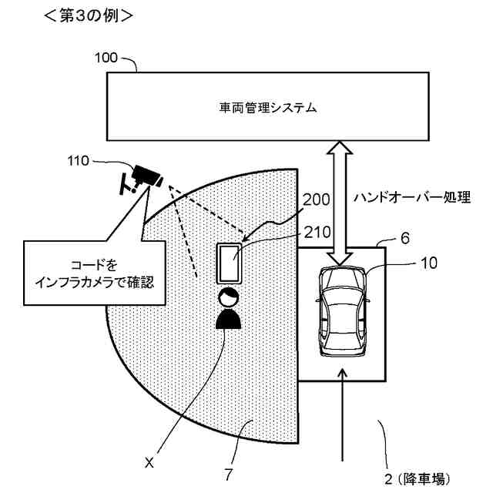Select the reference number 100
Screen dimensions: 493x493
point(106,58)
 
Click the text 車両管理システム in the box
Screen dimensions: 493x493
point(267,109)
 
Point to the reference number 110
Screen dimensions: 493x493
point(79,162)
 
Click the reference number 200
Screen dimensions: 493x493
point(316,200)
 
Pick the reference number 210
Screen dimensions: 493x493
point(316,230)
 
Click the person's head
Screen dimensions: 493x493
point(227,298)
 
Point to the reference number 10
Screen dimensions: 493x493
point(429,263)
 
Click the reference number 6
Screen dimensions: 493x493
point(404,238)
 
